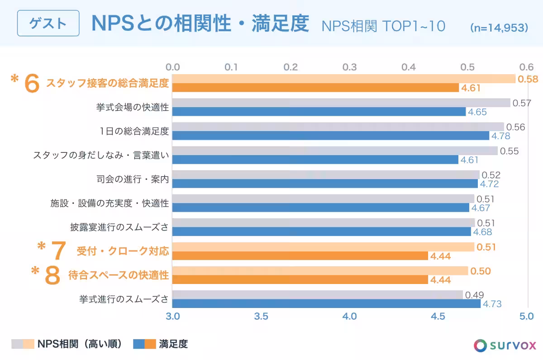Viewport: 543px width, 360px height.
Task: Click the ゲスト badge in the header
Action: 48,24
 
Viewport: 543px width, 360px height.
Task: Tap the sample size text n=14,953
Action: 499,27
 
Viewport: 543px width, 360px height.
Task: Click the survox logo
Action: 505,345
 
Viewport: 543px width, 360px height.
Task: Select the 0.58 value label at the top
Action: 528,79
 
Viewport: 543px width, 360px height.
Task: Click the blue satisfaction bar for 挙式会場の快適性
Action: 319,112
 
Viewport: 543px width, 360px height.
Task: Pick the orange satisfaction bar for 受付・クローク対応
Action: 300,256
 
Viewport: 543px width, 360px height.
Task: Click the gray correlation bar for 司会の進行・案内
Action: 326,175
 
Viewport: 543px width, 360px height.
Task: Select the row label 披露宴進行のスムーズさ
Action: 119,227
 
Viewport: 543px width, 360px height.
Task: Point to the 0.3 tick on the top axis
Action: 349,67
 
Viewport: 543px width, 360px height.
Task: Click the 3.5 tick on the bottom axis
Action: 262,316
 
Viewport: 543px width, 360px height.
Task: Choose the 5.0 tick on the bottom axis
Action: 526,316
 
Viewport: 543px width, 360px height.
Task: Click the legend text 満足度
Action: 173,344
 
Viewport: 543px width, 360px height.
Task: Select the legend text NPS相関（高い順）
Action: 80,344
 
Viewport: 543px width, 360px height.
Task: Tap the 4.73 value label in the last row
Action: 492,304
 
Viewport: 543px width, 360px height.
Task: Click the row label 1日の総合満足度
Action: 134,132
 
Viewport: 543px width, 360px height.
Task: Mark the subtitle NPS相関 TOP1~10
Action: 383,26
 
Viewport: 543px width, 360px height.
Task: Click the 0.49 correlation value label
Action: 475,295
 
